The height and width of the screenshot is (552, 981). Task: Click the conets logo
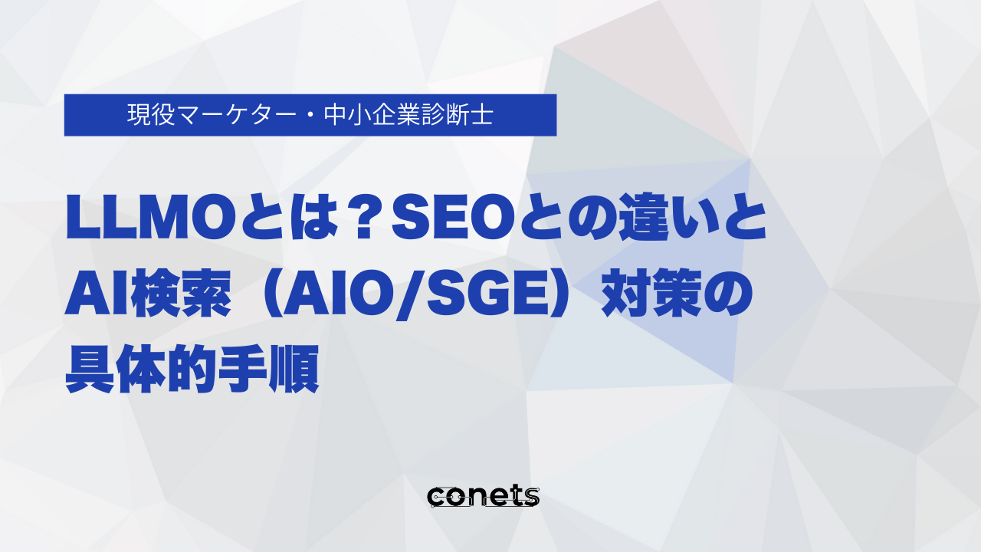click(x=483, y=496)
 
